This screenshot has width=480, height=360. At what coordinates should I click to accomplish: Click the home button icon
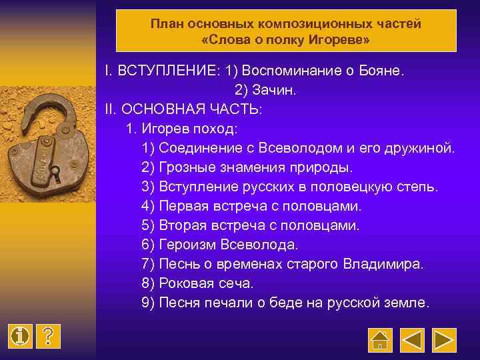coord(379,339)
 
